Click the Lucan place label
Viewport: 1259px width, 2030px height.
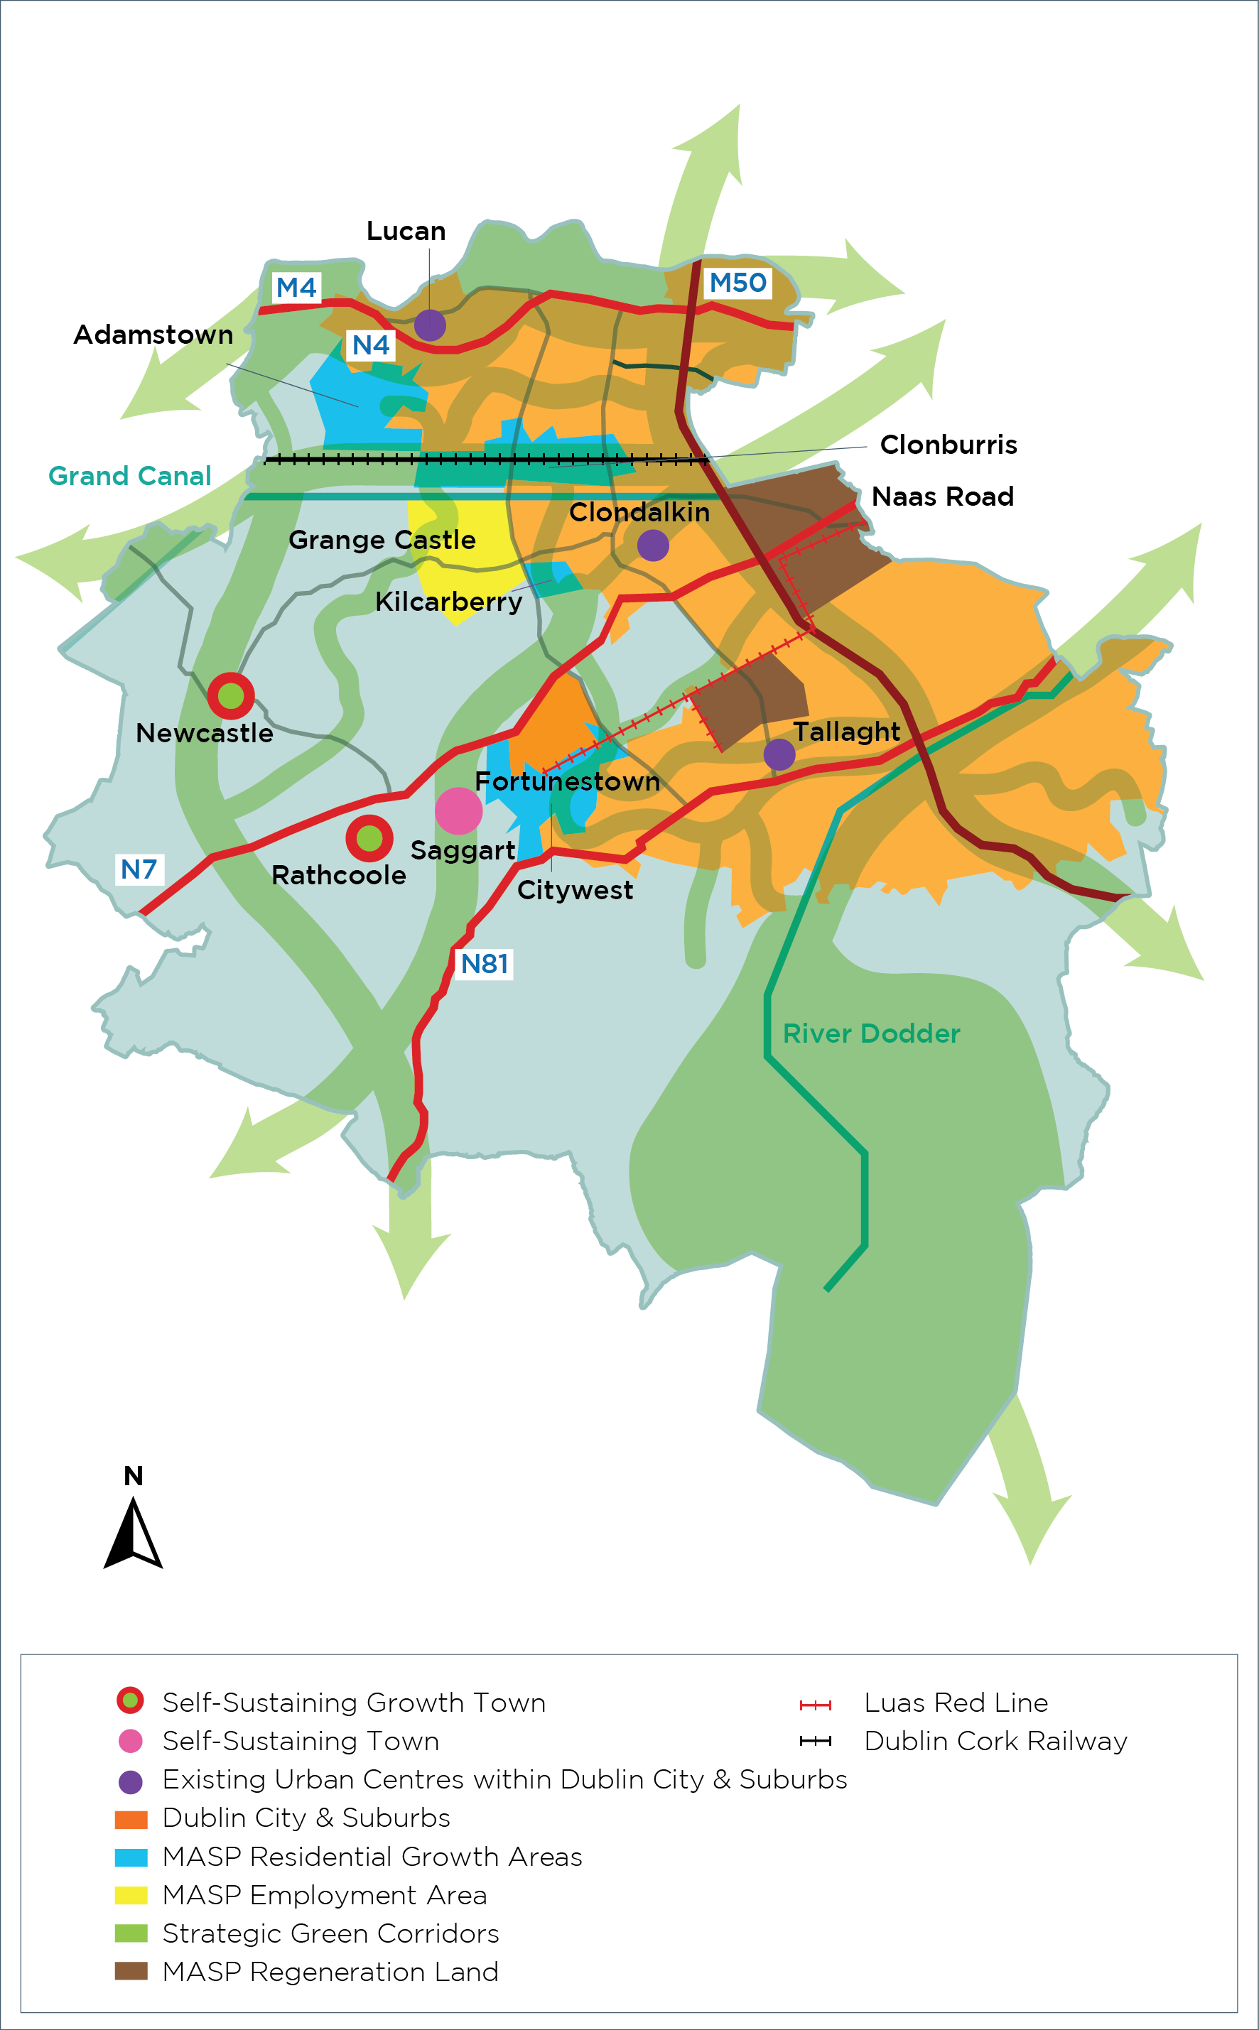[406, 231]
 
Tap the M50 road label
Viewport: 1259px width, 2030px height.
[737, 283]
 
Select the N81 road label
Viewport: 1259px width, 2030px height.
[485, 964]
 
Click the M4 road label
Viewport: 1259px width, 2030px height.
[296, 287]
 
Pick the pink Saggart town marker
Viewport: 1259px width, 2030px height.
[459, 810]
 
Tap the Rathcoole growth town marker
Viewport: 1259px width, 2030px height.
[369, 838]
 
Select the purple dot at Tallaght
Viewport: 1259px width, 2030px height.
[779, 754]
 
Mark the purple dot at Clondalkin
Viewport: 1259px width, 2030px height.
[653, 546]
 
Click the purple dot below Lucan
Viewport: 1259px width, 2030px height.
[430, 325]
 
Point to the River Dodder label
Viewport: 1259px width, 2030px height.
[871, 1033]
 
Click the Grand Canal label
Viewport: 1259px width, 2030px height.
[130, 476]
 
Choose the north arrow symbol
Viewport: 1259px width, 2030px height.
[134, 1532]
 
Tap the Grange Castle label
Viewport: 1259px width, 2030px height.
[382, 539]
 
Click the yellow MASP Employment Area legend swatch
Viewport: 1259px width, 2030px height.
[131, 1895]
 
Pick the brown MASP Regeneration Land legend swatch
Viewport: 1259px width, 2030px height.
[131, 1972]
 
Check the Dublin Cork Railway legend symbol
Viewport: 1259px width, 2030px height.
[815, 1741]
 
